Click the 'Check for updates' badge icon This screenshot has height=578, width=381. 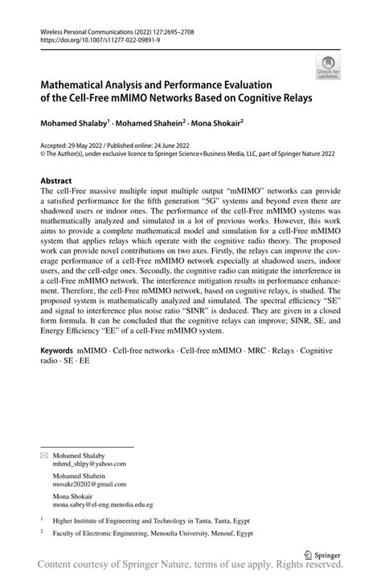point(328,68)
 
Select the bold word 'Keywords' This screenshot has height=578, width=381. point(61,375)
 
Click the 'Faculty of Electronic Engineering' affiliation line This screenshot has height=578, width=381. point(153,532)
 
